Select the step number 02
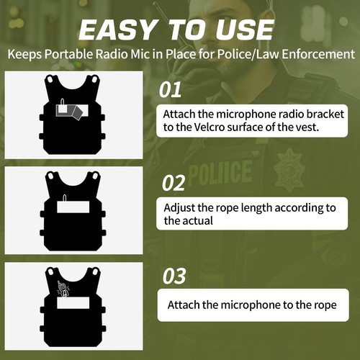174,183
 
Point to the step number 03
174,276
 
